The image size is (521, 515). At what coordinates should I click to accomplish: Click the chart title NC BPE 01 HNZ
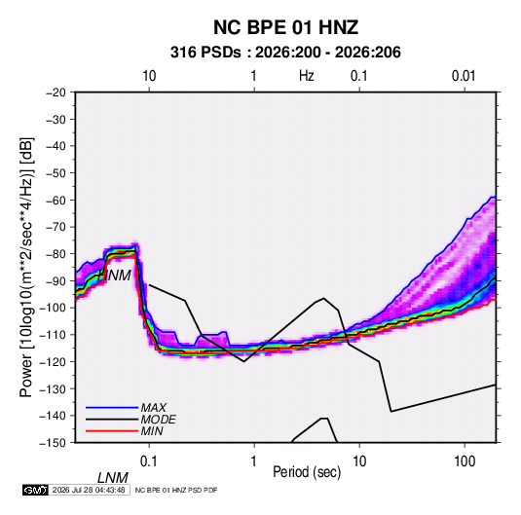[x=285, y=27]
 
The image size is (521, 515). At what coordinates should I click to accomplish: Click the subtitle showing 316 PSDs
[x=285, y=53]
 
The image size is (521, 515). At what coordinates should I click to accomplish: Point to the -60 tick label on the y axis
[x=56, y=200]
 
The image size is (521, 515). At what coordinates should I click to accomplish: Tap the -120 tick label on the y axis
[x=53, y=361]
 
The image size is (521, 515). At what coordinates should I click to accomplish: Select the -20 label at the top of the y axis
[x=56, y=92]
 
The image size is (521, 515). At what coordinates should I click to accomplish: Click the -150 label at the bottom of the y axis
[x=53, y=443]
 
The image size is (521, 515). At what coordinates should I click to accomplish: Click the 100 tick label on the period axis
[x=465, y=461]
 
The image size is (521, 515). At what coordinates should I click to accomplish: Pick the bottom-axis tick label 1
[x=254, y=461]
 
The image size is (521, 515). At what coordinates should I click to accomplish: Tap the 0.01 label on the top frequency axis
[x=464, y=76]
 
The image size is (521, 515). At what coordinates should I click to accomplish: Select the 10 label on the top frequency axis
[x=149, y=76]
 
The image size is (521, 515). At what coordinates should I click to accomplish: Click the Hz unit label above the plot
[x=307, y=76]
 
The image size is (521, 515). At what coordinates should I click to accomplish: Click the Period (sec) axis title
[x=307, y=472]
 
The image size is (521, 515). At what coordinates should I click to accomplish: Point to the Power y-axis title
[x=26, y=268]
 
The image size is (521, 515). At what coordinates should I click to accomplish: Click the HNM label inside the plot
[x=115, y=276]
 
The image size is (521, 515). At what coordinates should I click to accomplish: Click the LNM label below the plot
[x=112, y=478]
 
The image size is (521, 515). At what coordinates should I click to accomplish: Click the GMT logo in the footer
[x=35, y=490]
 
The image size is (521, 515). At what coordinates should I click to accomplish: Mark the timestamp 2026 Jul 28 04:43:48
[x=89, y=490]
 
